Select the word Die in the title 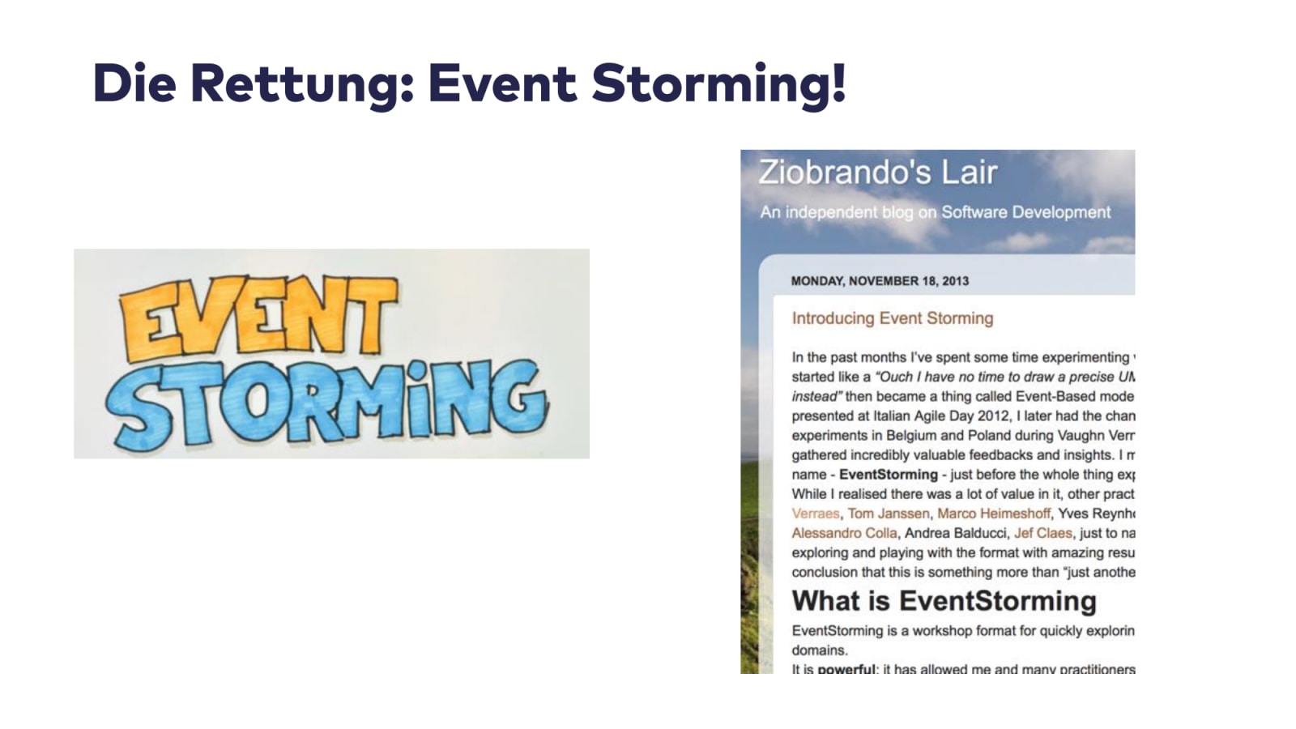(134, 83)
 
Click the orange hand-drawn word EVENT (258, 318)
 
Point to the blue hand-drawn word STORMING (328, 403)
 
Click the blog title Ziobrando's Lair (877, 173)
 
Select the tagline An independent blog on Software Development (935, 212)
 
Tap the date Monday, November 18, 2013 (880, 281)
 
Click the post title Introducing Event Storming (892, 318)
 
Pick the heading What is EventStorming (944, 601)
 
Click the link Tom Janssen (889, 514)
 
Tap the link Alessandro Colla (844, 533)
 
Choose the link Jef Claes (1042, 533)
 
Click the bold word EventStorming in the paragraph (888, 475)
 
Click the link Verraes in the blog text (816, 514)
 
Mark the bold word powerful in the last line (846, 669)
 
